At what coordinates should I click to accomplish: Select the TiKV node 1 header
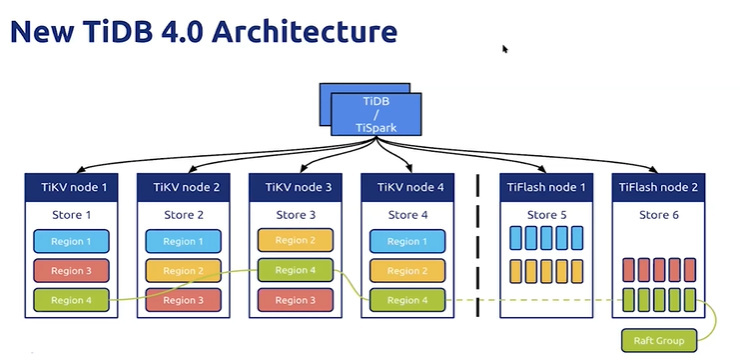74,187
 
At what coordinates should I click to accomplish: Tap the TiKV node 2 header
185,187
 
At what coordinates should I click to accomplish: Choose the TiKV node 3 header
297,187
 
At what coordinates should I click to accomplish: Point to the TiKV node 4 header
409,187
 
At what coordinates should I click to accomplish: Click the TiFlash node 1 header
547,187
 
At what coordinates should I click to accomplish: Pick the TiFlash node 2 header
658,187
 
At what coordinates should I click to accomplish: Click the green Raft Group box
658,341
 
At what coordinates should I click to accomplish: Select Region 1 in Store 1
71,241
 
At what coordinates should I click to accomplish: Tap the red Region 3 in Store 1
71,270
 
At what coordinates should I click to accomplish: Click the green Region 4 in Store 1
71,299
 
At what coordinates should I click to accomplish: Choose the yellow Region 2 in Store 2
182,270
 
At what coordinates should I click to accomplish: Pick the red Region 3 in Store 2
182,299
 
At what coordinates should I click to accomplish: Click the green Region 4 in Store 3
294,269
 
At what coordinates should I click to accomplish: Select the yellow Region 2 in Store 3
294,240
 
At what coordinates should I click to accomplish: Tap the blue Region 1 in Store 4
406,241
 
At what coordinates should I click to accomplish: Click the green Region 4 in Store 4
406,299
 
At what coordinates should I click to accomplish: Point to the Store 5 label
547,215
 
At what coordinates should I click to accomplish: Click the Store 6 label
658,215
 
